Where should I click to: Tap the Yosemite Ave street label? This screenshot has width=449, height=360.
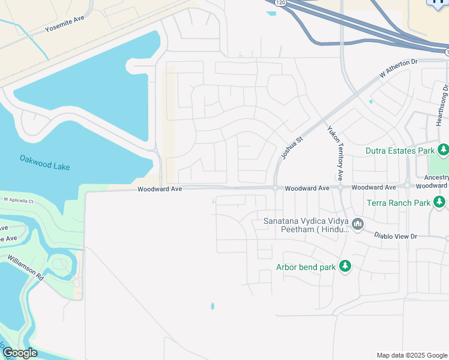click(x=65, y=28)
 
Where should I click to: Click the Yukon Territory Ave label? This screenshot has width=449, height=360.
click(x=334, y=153)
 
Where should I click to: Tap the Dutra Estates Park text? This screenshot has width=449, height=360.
click(x=400, y=151)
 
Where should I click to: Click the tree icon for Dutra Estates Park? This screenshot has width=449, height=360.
click(x=443, y=149)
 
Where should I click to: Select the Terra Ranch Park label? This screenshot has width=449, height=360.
click(x=399, y=203)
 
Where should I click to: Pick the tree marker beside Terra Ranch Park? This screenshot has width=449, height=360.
click(x=440, y=202)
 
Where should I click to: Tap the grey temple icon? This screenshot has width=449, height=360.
click(x=358, y=225)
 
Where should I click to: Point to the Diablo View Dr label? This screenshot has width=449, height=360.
click(x=396, y=236)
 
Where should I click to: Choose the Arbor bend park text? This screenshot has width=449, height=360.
click(x=306, y=267)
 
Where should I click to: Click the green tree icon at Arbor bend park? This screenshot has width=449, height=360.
click(x=345, y=266)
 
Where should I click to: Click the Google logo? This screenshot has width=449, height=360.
click(x=20, y=353)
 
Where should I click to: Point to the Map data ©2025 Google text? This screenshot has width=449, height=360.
click(x=411, y=355)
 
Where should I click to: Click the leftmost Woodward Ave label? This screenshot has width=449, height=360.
click(x=159, y=189)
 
